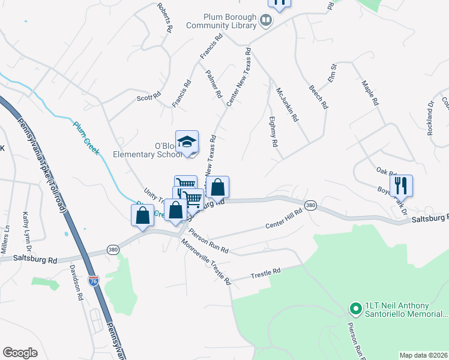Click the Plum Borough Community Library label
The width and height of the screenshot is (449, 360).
pos(221,22)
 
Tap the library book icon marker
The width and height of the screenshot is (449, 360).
pos(266,22)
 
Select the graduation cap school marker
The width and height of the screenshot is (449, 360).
pos(187,143)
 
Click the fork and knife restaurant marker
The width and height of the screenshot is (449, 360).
pos(401,185)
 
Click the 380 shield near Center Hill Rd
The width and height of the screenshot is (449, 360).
pos(310,206)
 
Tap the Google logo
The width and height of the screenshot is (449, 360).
pos(20,353)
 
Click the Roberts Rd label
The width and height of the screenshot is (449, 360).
pos(165,18)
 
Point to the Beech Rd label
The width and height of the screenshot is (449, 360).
pos(319,95)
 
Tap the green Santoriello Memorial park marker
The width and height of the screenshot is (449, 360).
pos(355,310)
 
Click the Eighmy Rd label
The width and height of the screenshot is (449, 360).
pos(273,132)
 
